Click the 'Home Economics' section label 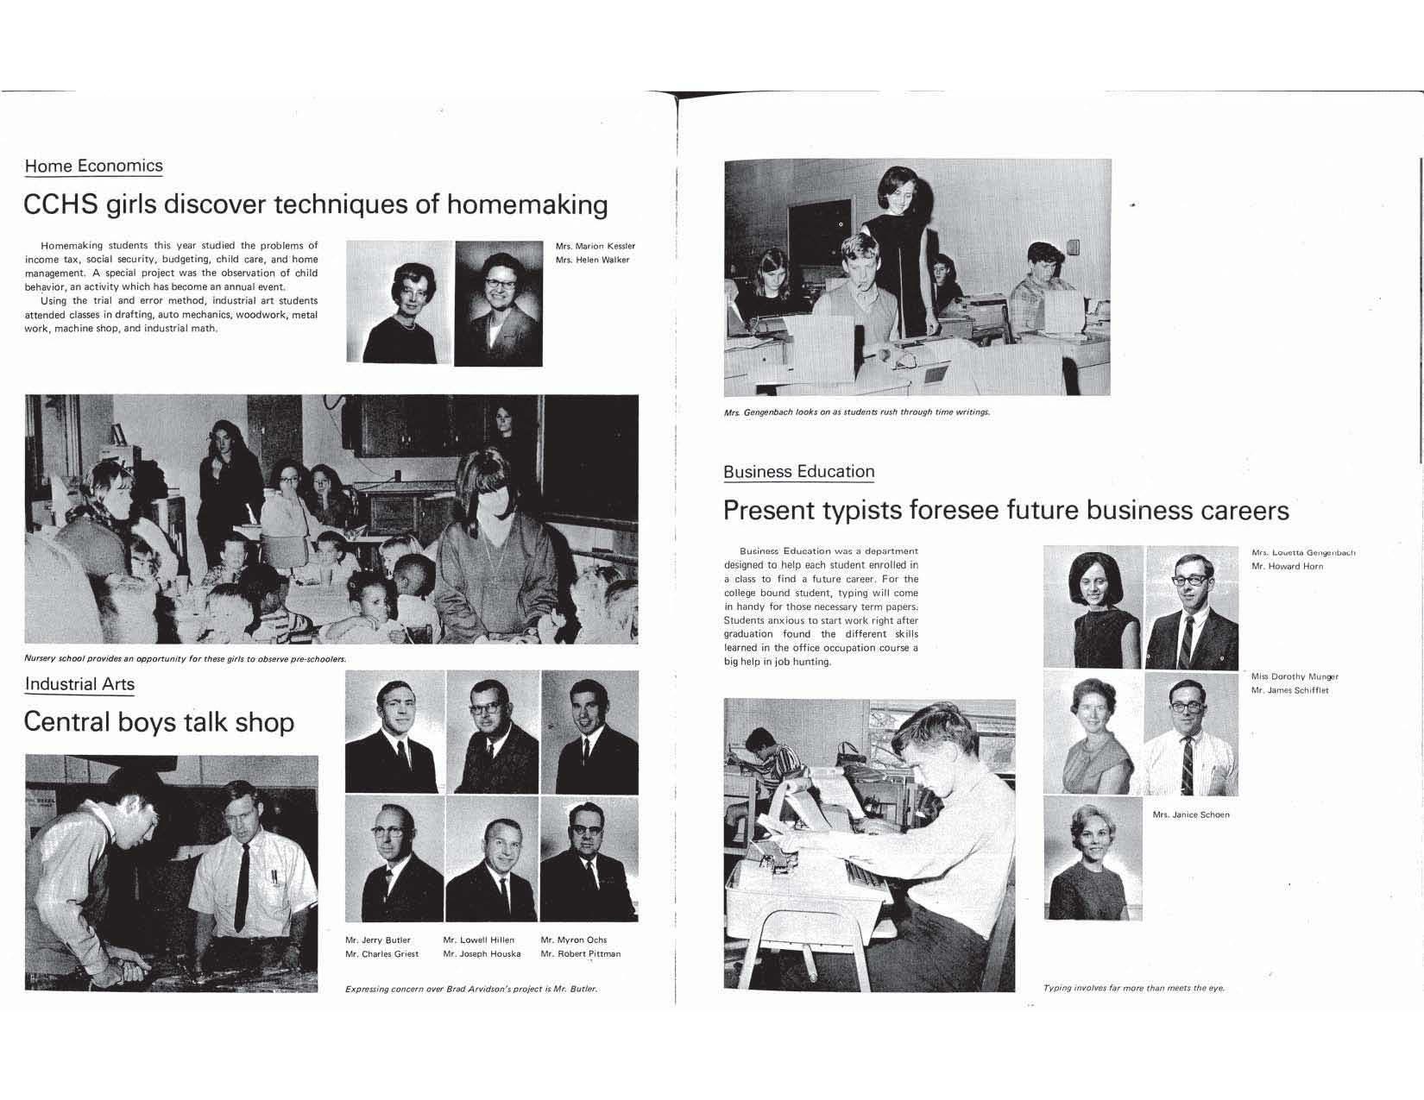click(x=93, y=166)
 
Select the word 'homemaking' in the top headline click(x=527, y=204)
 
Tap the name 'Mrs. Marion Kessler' click(x=595, y=246)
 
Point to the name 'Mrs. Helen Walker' click(x=592, y=260)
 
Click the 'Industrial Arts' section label click(x=79, y=684)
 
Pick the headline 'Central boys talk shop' click(x=159, y=721)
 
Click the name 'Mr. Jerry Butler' click(x=378, y=940)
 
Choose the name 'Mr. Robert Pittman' click(x=580, y=953)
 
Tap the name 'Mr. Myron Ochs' click(x=573, y=940)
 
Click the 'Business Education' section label click(x=798, y=472)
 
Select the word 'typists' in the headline click(x=851, y=511)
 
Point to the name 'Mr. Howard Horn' click(x=1287, y=566)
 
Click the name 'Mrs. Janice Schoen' click(x=1191, y=814)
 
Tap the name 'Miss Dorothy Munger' click(x=1295, y=676)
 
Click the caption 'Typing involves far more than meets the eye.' click(x=1133, y=988)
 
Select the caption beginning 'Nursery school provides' click(x=185, y=659)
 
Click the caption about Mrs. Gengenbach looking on click(x=856, y=412)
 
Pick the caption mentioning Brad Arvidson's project click(x=470, y=989)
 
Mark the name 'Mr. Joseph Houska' click(x=482, y=953)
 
